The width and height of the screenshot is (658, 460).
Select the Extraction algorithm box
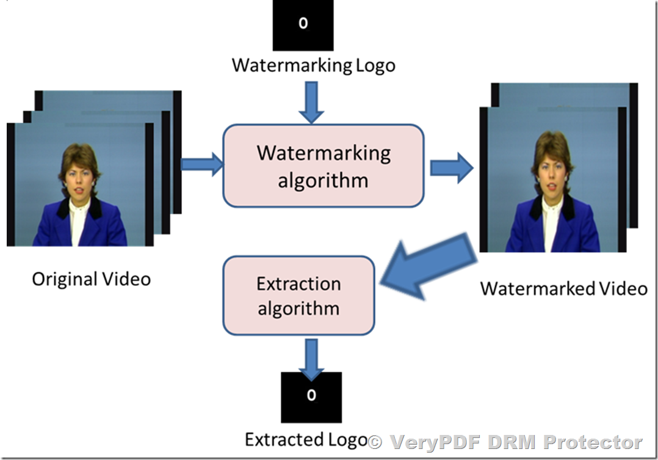(x=298, y=296)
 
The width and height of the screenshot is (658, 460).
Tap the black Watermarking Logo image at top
(x=303, y=25)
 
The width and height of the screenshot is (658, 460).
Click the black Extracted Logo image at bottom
(x=311, y=397)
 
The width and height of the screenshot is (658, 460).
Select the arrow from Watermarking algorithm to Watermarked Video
(x=451, y=167)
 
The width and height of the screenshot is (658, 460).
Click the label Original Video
(x=91, y=279)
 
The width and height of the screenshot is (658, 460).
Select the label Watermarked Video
(x=563, y=288)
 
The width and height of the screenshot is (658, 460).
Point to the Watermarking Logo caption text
(x=313, y=65)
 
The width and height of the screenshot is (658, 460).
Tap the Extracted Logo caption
(x=305, y=439)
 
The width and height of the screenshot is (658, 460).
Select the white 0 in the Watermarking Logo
(x=303, y=24)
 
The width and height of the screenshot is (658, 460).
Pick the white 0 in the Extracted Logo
(x=311, y=395)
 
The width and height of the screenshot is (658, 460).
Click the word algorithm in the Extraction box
(x=298, y=308)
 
